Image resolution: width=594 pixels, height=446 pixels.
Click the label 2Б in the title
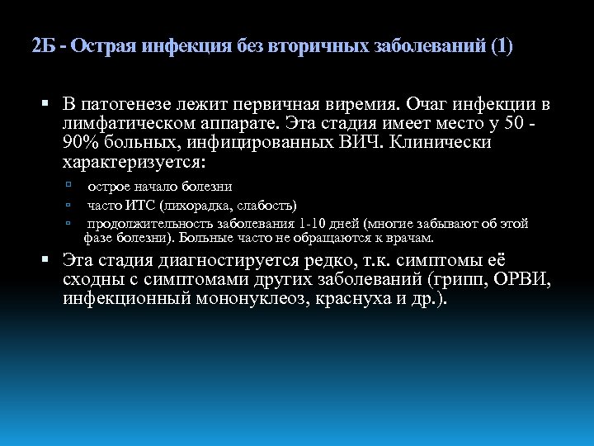coord(43,45)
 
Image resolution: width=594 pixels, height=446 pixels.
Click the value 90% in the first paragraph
coord(80,142)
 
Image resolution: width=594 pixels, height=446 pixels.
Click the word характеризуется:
coord(134,160)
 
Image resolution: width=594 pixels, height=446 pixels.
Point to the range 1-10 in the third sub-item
coord(316,223)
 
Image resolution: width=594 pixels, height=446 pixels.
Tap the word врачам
coord(410,238)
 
